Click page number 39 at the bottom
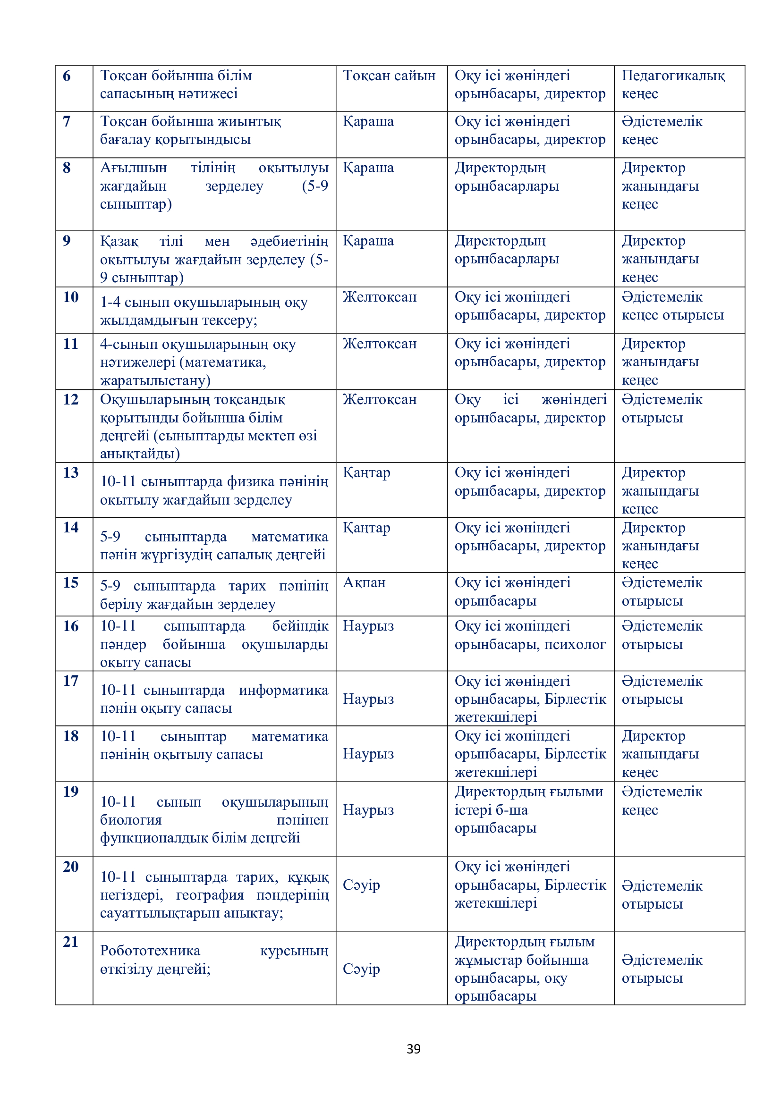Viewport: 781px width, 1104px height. point(413,1049)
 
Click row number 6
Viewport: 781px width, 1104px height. point(67,76)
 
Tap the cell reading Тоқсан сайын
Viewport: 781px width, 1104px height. point(389,76)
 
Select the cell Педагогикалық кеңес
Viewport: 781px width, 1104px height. point(673,84)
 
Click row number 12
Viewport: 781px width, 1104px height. point(70,399)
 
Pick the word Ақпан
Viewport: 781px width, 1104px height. point(364,582)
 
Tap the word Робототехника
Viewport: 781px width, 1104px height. point(150,951)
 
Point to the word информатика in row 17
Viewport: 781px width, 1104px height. point(283,690)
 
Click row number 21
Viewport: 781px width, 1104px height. point(70,942)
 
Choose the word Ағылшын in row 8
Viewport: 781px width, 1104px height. point(133,168)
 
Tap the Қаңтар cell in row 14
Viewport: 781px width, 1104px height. point(366,528)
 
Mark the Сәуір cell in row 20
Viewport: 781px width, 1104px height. point(361,885)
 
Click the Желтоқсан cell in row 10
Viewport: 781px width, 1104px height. point(380,297)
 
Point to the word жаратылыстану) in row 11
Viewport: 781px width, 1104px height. point(155,380)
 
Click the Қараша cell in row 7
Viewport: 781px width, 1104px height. point(368,122)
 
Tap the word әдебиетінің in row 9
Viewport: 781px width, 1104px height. point(289,241)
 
